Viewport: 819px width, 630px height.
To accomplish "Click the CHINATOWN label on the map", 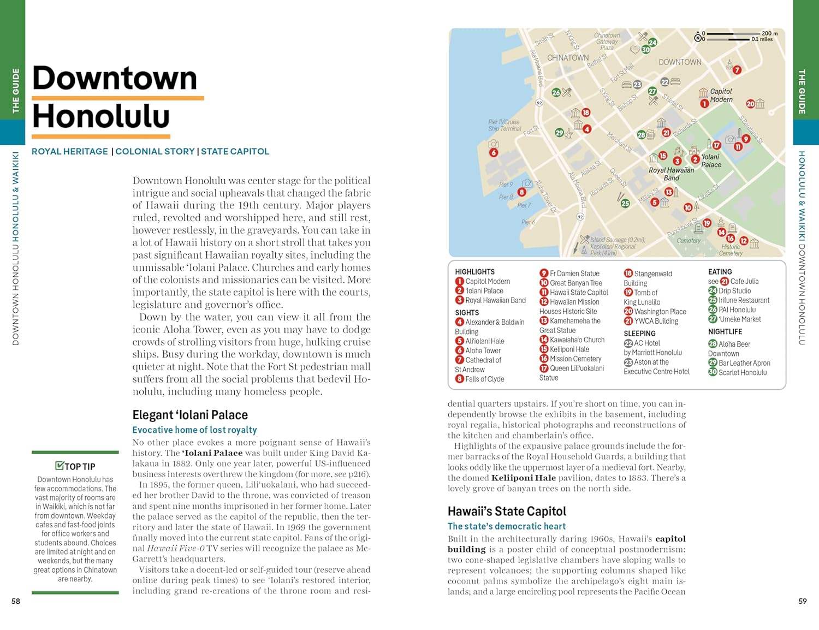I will (x=568, y=58).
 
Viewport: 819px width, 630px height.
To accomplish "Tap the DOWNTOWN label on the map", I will (x=680, y=62).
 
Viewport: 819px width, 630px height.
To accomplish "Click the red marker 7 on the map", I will (x=737, y=70).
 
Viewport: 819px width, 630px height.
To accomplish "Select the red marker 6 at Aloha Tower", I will (x=494, y=152).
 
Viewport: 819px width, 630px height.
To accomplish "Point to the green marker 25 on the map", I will (x=625, y=203).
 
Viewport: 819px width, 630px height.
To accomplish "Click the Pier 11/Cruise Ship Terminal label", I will (x=505, y=126).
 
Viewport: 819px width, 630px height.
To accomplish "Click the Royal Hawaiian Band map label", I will (x=671, y=174).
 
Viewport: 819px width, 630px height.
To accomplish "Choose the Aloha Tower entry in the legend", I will (x=483, y=350).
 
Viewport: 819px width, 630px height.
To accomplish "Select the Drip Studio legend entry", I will (x=734, y=291).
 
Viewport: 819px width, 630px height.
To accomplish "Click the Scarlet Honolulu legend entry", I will (x=742, y=372).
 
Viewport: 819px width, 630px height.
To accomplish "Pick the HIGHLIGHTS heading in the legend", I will (x=474, y=271).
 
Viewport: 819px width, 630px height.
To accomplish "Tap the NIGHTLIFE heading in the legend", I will (x=725, y=331).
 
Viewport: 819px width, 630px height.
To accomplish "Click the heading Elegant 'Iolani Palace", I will (x=190, y=415).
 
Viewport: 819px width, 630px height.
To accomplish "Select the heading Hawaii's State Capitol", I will (x=507, y=512).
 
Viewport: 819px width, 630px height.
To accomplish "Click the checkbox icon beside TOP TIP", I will (x=60, y=466).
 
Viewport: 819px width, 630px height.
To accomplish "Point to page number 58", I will (x=16, y=601).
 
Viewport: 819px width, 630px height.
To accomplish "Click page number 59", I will (x=802, y=601).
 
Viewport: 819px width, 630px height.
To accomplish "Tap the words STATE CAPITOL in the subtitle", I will (x=235, y=151).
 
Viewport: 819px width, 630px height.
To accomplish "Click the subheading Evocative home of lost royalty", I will (x=194, y=430).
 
